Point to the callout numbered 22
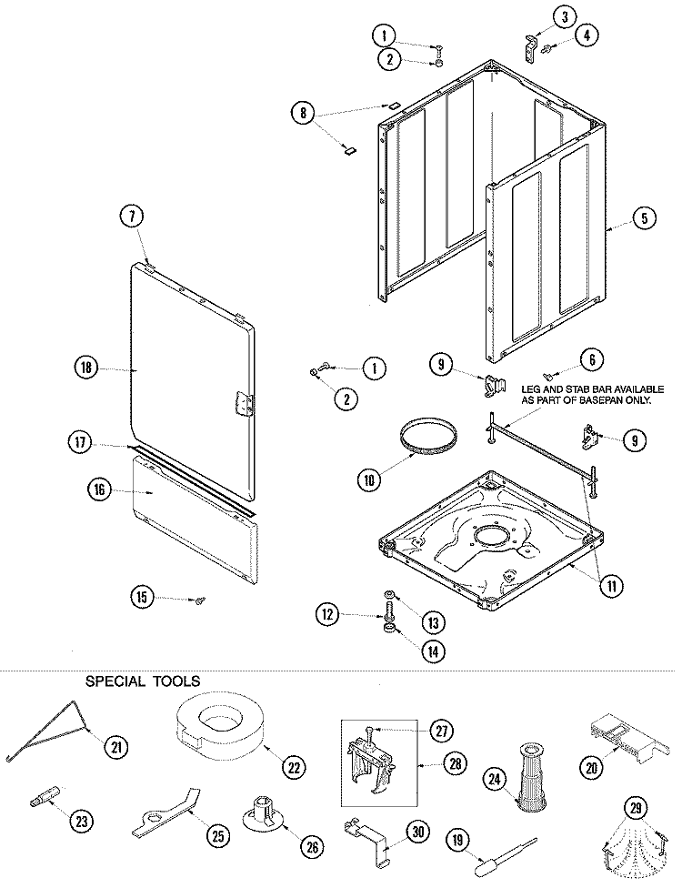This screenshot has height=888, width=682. click(294, 767)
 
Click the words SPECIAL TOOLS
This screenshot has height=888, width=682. click(143, 680)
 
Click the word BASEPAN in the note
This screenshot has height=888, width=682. click(562, 400)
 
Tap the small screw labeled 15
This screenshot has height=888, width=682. click(198, 600)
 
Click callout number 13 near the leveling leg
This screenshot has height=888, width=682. click(433, 623)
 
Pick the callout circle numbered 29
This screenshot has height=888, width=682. click(637, 808)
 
